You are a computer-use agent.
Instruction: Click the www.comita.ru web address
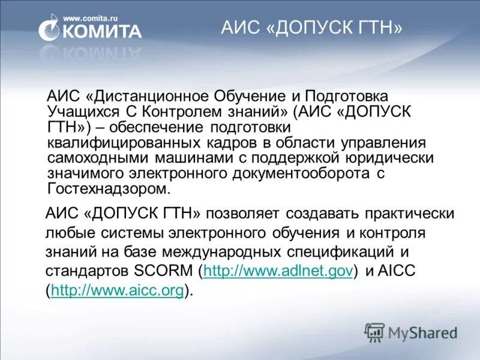pyautogui.click(x=91, y=19)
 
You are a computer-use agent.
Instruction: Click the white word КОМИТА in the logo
pyautogui.click(x=102, y=31)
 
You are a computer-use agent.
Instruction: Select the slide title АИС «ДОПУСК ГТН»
pyautogui.click(x=311, y=28)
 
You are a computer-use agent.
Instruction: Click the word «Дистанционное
pyautogui.click(x=143, y=97)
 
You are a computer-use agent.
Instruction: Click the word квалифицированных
pyautogui.click(x=124, y=143)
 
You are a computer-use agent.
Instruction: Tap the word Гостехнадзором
pyautogui.click(x=109, y=189)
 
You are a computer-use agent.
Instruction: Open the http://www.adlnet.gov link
pyautogui.click(x=277, y=271)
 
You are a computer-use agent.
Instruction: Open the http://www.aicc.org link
pyautogui.click(x=117, y=291)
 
